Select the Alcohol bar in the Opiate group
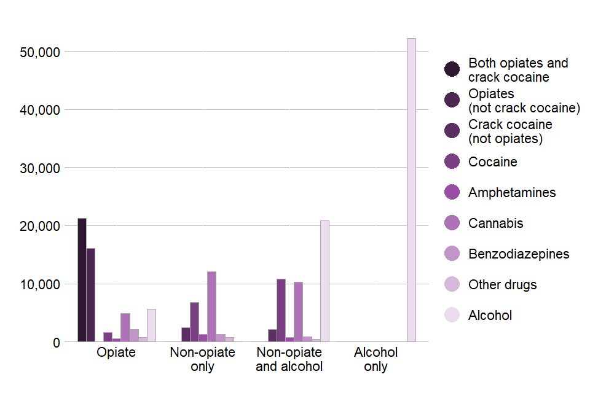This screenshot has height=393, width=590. tap(151, 325)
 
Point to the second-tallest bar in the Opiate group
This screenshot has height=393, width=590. tap(90, 295)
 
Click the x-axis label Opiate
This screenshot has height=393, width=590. tap(116, 352)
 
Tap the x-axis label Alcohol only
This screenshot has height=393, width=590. tap(376, 359)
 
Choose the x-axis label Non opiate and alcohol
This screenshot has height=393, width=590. tap(289, 359)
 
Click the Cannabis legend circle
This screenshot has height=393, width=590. tap(452, 223)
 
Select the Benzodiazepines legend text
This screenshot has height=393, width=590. tap(518, 254)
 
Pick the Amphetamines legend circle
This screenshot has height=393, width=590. tap(452, 192)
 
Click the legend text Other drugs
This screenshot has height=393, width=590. tap(502, 284)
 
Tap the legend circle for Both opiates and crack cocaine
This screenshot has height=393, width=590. tap(452, 69)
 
